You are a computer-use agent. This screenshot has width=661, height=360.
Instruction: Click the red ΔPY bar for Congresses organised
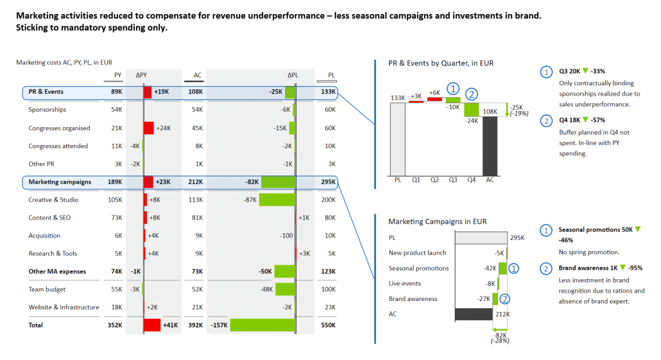tap(148, 128)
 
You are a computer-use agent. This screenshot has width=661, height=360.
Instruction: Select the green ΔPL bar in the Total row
tap(262, 325)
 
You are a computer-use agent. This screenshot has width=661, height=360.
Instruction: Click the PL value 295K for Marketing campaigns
tap(327, 182)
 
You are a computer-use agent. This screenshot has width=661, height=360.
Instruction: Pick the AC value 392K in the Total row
tap(194, 325)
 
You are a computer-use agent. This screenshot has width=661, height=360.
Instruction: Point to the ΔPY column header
tap(141, 75)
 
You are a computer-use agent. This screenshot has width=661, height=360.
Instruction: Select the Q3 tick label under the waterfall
tap(452, 180)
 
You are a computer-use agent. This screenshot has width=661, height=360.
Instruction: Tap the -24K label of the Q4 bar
tap(472, 121)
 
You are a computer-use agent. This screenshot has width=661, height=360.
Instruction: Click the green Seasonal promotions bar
tap(502, 268)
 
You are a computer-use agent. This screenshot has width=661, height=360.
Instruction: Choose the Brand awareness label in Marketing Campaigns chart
tap(413, 299)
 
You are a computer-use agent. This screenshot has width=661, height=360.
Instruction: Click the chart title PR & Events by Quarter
tap(441, 64)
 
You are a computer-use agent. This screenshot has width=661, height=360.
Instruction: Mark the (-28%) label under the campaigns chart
tap(500, 340)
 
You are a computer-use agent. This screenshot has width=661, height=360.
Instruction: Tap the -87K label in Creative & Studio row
tap(250, 200)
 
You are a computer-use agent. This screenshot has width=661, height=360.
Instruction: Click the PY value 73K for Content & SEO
tap(116, 218)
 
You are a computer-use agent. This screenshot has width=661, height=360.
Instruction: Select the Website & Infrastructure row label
tap(64, 307)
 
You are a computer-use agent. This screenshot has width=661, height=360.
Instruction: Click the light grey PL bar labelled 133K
tap(398, 138)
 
